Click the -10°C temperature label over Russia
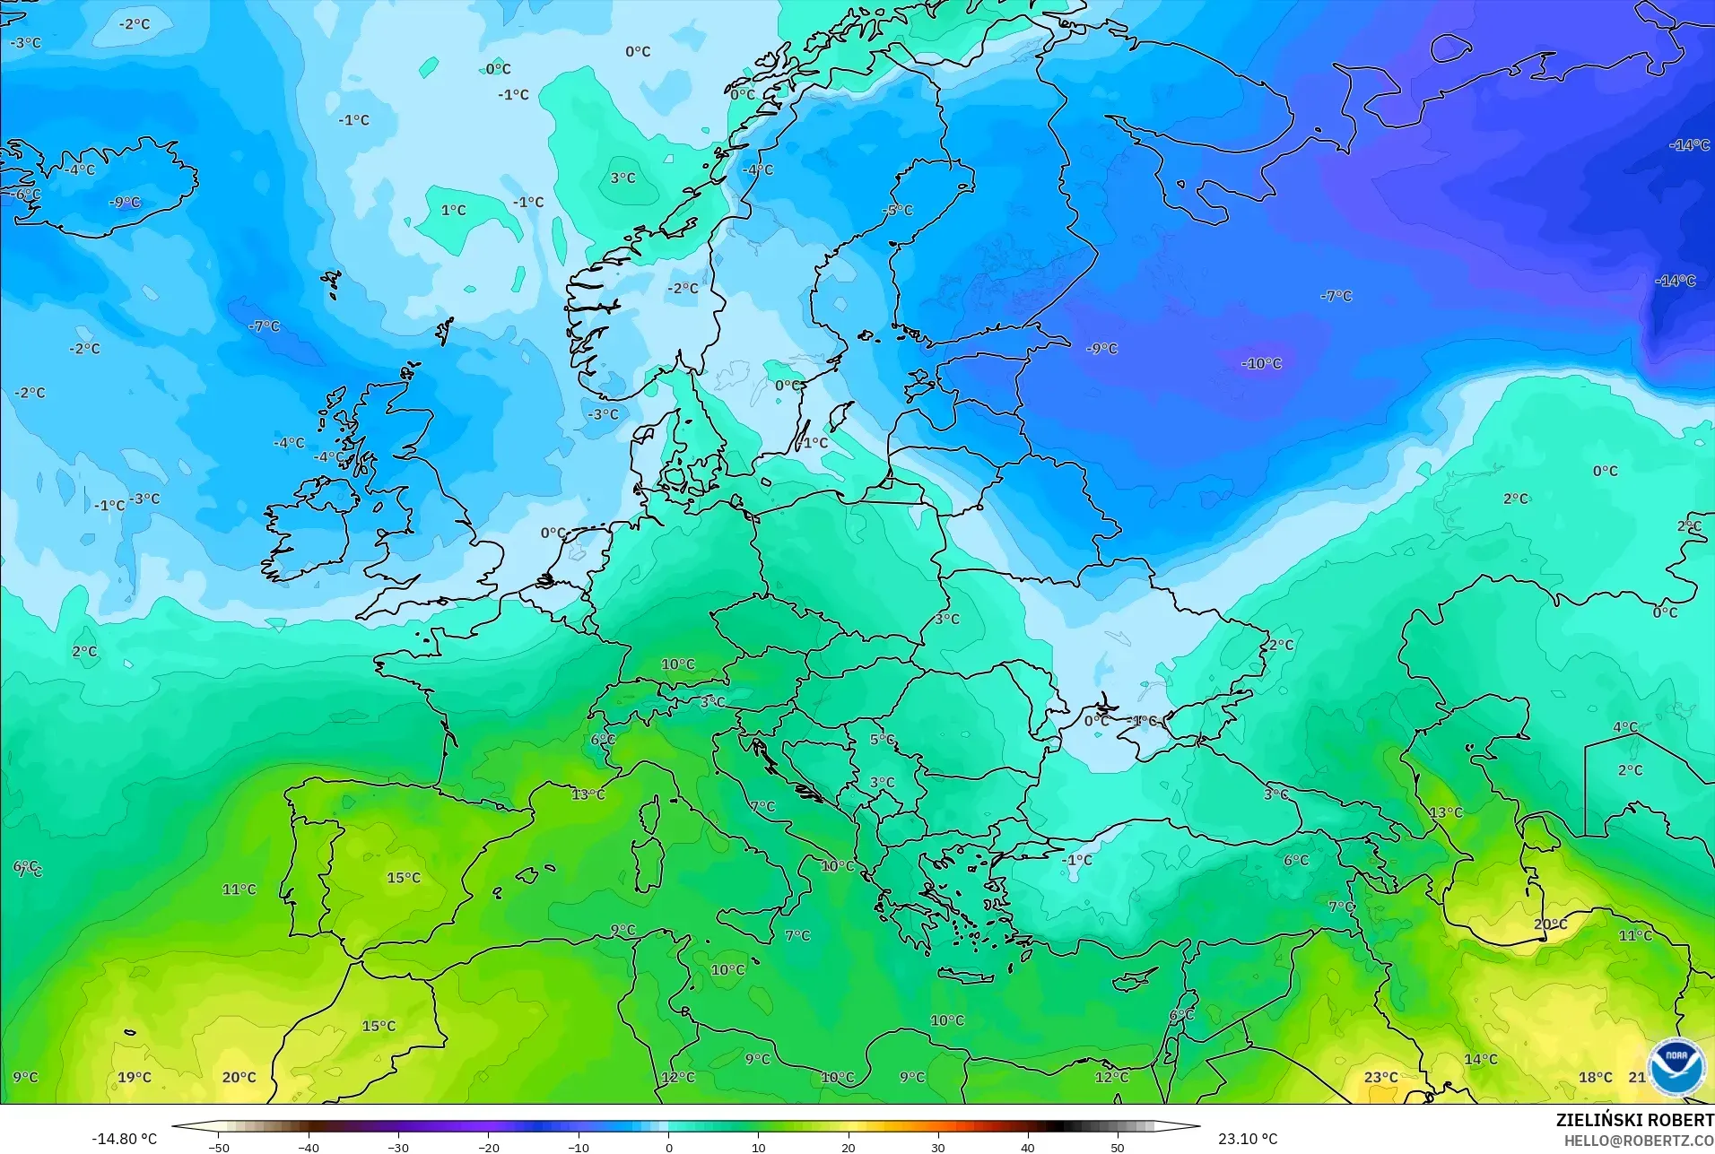(1261, 363)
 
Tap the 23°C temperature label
(1380, 1077)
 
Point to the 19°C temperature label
(135, 1077)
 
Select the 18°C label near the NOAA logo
(1596, 1077)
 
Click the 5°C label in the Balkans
(882, 740)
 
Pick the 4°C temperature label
(1625, 727)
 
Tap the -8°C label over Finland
(897, 210)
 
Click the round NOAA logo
(1675, 1067)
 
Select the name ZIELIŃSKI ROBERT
(1634, 1121)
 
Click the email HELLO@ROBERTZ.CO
(1639, 1141)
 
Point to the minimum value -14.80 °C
(124, 1139)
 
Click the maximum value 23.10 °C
(1248, 1139)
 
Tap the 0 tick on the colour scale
(668, 1147)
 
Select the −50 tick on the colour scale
(219, 1147)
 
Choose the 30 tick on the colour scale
(938, 1147)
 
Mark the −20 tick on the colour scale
(488, 1147)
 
